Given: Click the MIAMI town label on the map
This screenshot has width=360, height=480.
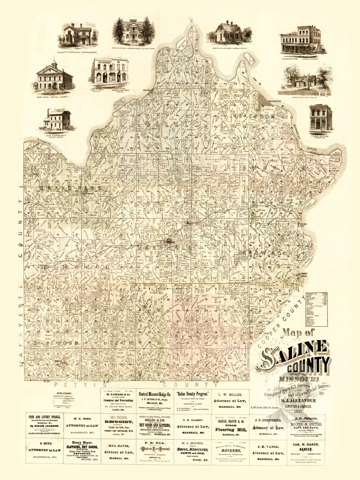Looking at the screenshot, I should tap(147, 90).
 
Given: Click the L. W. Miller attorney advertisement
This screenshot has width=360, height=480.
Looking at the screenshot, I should tap(232, 400).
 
